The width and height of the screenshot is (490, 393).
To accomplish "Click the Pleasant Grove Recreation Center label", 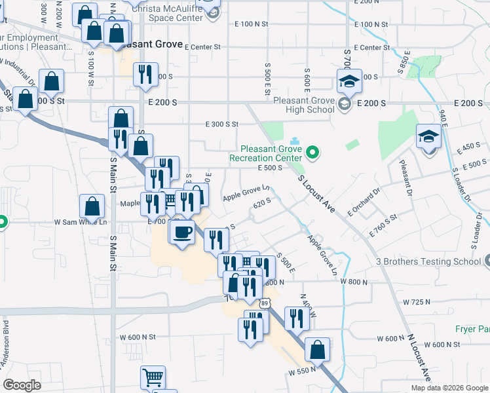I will [x=265, y=153].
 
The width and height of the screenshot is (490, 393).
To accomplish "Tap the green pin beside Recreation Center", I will [x=312, y=153].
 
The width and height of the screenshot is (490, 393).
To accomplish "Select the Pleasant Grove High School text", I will [x=303, y=105].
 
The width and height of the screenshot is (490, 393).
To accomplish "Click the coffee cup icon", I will [x=182, y=231].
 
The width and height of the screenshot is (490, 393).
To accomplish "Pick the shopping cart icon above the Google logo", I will [x=152, y=377].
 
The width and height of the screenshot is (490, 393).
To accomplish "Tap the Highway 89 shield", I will [x=264, y=303].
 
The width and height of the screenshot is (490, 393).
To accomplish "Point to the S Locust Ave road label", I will [x=317, y=194].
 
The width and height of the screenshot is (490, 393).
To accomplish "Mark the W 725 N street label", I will [x=417, y=302].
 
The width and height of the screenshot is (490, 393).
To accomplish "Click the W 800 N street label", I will [x=354, y=281].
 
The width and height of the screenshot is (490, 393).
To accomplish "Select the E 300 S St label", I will [x=221, y=124].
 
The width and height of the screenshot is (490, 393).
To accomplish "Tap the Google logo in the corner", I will [x=22, y=385].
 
